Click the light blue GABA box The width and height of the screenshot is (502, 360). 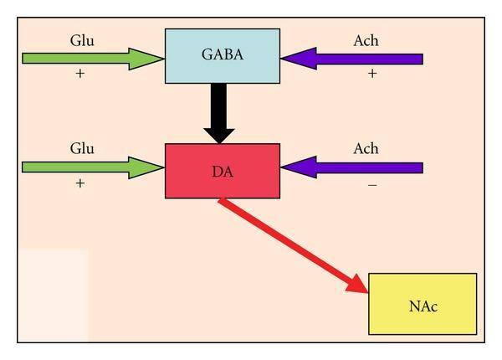222,56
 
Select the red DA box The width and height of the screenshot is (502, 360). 222,171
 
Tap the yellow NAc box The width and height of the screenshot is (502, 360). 423,303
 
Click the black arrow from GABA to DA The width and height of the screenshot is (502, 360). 219,109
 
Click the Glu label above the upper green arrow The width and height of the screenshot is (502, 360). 81,39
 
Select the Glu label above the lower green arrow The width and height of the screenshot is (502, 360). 81,149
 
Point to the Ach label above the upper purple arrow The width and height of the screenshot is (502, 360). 366,39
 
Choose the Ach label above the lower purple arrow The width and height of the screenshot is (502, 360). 366,149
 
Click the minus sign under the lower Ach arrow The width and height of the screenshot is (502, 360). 371,183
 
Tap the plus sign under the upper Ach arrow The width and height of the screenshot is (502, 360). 371,74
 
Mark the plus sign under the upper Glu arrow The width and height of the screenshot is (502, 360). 80,74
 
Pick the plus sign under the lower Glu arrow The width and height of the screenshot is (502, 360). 80,183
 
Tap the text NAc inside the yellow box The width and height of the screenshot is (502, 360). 423,306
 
